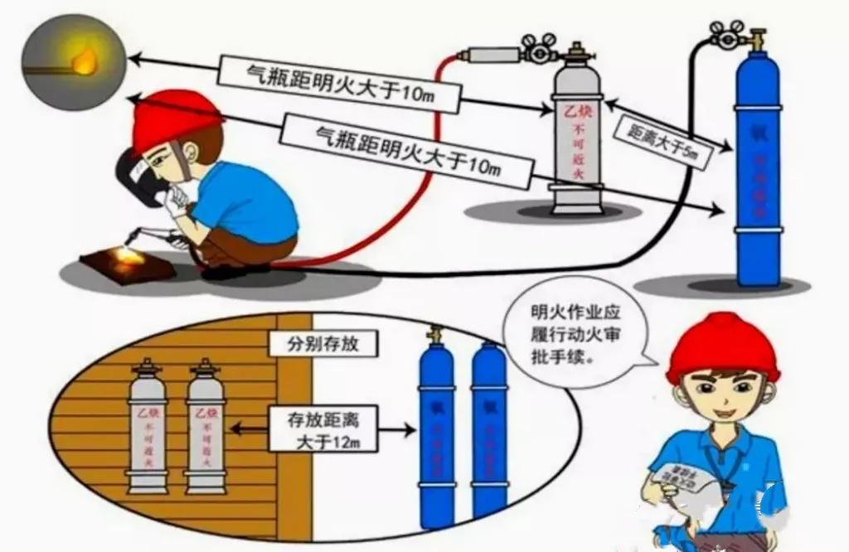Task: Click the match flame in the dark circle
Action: click(83, 61)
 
